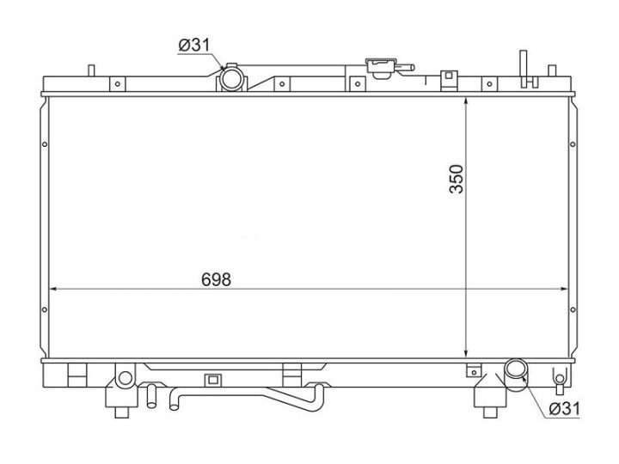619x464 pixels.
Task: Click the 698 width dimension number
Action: point(216,280)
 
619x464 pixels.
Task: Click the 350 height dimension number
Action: point(457,179)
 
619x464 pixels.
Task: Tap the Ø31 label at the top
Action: point(194,45)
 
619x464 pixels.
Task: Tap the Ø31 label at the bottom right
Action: point(565,409)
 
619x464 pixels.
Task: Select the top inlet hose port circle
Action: point(230,79)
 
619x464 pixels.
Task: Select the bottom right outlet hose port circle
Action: point(516,369)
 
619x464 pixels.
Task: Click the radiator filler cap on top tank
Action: point(382,68)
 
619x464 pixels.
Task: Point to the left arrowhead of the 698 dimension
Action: point(53,290)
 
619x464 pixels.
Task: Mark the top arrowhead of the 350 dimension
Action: point(466,101)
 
